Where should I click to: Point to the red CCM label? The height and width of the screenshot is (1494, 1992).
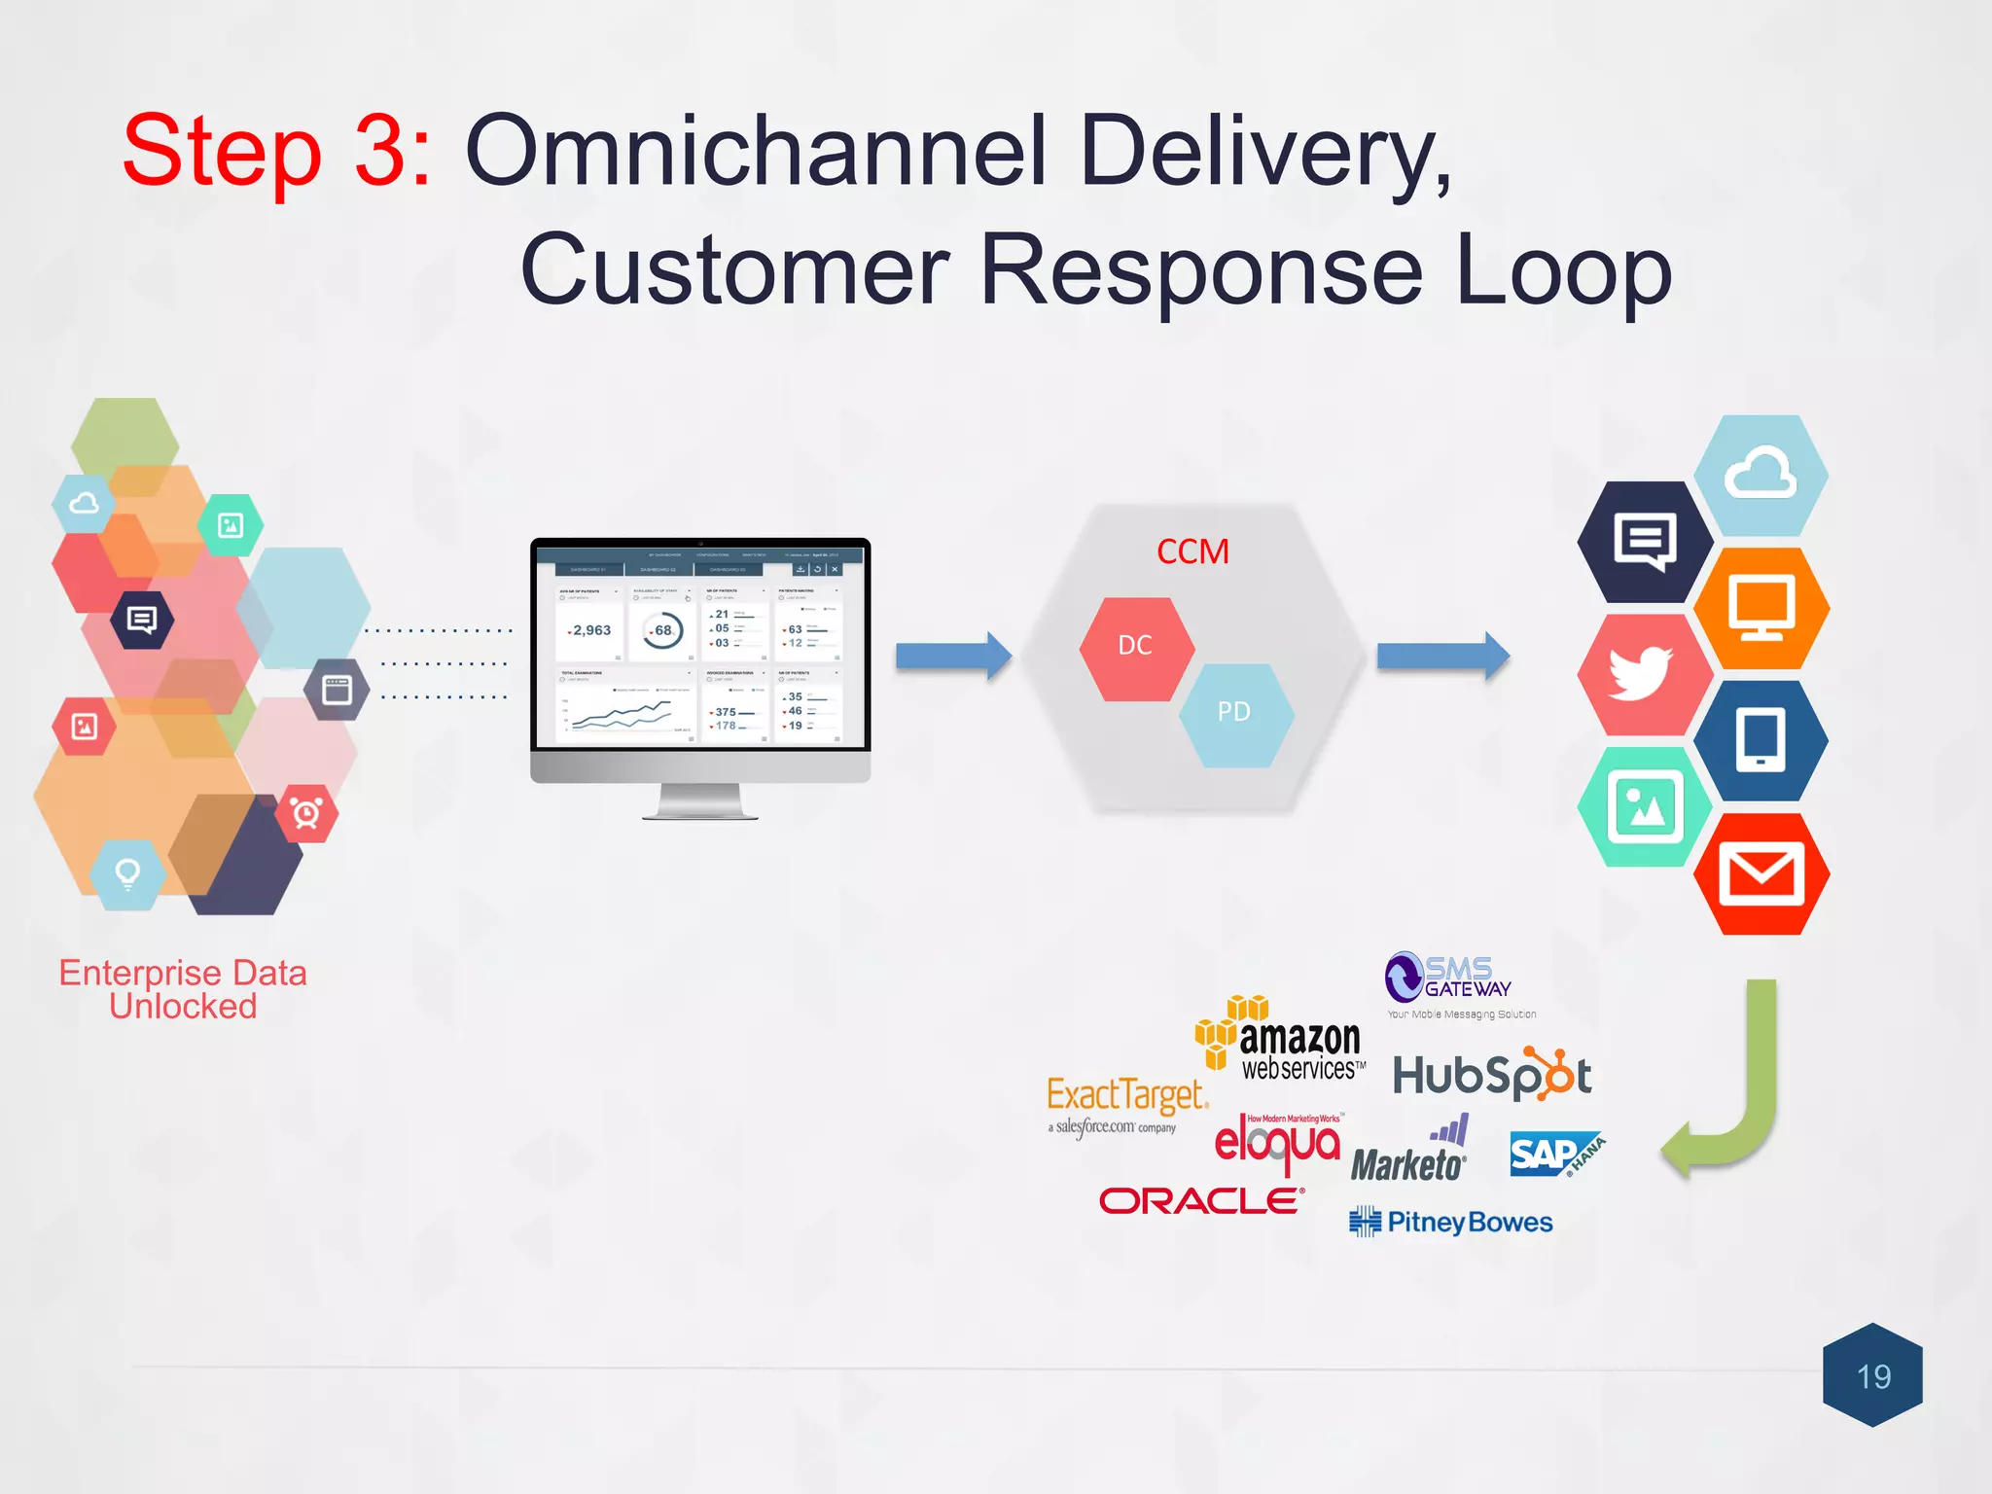1192,552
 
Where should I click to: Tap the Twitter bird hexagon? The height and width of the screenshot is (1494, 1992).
1643,674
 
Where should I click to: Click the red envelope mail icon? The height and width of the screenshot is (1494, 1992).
1761,873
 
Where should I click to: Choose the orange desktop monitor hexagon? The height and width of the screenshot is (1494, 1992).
1761,608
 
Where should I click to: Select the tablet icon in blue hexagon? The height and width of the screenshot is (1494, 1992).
1761,740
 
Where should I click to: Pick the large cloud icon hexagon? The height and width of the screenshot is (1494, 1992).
1761,475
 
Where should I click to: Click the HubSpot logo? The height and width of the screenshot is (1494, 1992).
1492,1075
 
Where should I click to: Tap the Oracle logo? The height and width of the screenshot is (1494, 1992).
1202,1201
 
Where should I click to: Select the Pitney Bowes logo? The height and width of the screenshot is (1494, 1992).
1451,1223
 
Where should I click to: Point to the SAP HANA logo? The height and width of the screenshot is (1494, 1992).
1556,1155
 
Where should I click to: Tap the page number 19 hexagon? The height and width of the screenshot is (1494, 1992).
1872,1375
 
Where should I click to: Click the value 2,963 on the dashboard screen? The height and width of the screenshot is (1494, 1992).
590,630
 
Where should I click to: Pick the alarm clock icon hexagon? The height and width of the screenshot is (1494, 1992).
306,812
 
